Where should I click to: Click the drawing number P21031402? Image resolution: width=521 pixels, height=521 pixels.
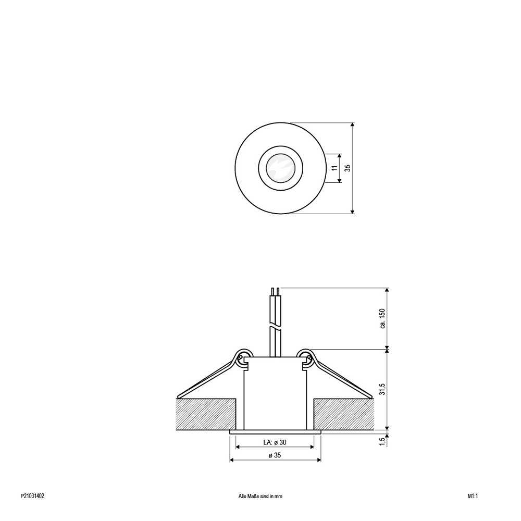(x=32, y=496)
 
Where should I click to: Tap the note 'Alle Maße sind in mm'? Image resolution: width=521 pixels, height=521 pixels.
(x=260, y=496)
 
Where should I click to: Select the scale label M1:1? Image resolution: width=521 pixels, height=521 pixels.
(x=473, y=496)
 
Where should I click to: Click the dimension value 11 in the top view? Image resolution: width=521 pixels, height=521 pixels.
(x=334, y=168)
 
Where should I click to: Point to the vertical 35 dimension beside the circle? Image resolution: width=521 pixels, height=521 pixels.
(x=348, y=168)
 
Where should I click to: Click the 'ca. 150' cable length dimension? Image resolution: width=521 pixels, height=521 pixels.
(x=382, y=319)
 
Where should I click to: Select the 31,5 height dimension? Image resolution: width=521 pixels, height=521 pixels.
(x=382, y=389)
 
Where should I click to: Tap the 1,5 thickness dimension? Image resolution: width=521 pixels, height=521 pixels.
(x=382, y=441)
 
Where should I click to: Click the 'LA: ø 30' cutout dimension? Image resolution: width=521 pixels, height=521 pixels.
(x=275, y=442)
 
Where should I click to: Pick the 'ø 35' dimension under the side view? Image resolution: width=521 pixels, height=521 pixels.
(x=275, y=455)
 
